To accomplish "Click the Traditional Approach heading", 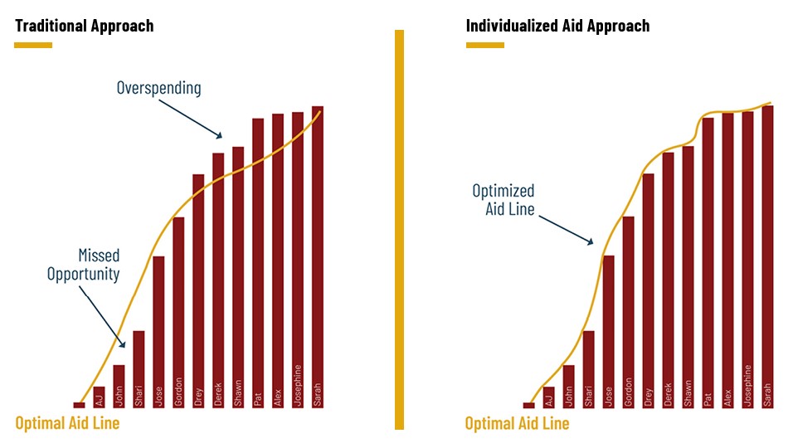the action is click(84, 26).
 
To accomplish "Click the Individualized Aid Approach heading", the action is click(557, 26).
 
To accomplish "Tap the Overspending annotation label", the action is click(158, 88).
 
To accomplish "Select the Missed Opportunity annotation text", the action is click(84, 265).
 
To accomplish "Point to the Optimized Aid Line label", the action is click(504, 200).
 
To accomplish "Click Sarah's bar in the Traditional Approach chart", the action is click(318, 257).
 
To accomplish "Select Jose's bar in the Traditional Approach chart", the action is click(158, 332).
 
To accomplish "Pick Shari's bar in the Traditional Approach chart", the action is click(139, 369).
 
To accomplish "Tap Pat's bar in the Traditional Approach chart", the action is click(258, 263).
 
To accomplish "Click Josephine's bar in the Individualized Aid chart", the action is click(747, 260).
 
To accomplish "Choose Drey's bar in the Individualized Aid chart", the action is click(649, 290).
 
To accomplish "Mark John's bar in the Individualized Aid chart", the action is click(568, 387).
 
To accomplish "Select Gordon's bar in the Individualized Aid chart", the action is click(628, 312).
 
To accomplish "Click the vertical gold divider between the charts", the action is click(400, 230).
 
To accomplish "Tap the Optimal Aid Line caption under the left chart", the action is click(67, 423).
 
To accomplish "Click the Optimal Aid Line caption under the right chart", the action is click(517, 423).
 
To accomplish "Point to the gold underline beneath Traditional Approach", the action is click(33, 45).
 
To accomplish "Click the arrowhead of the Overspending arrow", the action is click(220, 135).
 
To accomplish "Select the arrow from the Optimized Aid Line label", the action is click(566, 230).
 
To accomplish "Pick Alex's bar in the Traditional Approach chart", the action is click(278, 261).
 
